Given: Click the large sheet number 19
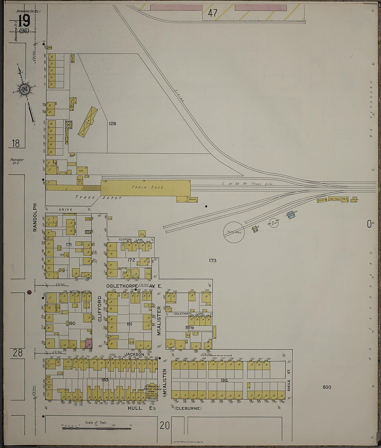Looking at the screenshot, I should point(24,21).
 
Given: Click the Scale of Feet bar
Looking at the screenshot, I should point(96,429).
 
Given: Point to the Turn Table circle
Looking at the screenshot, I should point(234,232).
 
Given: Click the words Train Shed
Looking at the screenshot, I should point(147,187).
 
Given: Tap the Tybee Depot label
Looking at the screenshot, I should point(99,197).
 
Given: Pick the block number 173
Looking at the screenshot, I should point(212,260).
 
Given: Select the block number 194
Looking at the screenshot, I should point(224,380).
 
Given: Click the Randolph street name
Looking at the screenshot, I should point(35,222).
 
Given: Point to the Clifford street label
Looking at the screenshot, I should point(100,308).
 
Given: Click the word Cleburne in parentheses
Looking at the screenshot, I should point(188,409).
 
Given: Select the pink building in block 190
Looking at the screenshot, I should point(89,344).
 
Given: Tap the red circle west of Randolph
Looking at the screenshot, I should point(29,292).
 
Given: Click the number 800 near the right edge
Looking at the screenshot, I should point(327,387).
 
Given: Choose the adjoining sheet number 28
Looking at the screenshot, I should point(18,353).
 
